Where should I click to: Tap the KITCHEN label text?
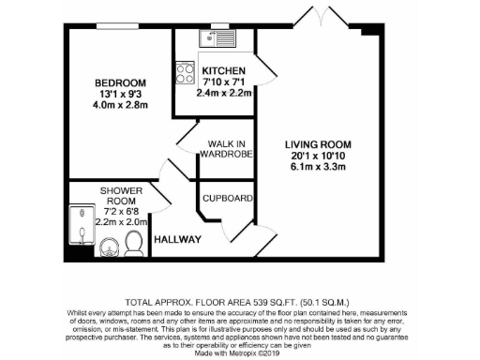coord(223,70)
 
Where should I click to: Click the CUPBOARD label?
coord(228,198)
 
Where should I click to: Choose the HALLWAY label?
coord(178,240)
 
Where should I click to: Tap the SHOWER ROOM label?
coord(122,197)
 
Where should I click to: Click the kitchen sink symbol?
coord(217,39)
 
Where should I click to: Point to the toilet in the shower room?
coord(133,244)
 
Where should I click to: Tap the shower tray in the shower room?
coord(81,230)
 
